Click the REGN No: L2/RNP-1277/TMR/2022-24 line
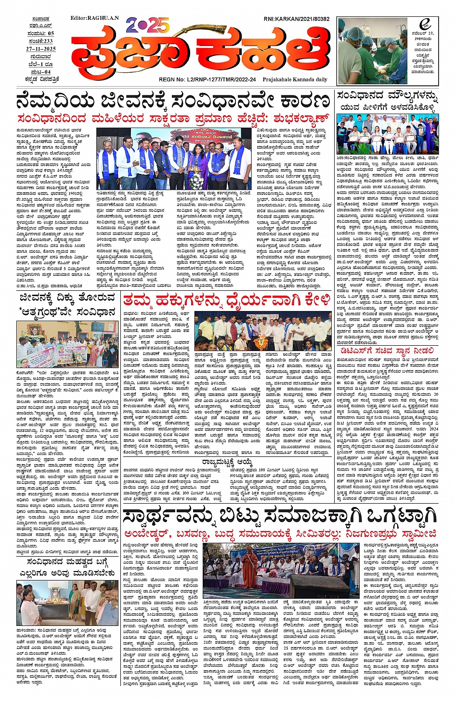click(x=207, y=79)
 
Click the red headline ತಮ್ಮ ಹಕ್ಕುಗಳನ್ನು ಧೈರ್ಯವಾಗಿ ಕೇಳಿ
click(x=226, y=300)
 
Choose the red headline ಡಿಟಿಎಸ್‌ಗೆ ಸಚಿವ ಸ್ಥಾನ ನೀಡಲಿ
click(x=385, y=351)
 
